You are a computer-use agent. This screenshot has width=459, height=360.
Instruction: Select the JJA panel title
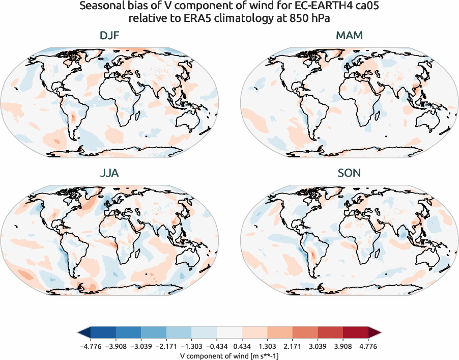coord(110,173)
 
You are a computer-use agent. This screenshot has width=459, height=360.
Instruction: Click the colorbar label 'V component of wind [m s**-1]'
coord(230,355)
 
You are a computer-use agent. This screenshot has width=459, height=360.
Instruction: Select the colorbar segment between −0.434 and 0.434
coord(230,333)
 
